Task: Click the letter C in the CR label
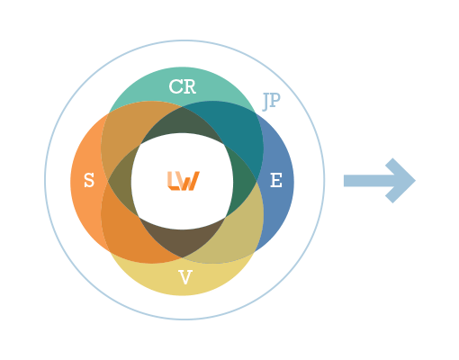click(x=175, y=86)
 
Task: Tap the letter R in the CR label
click(x=189, y=86)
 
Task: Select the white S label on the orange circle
click(x=89, y=180)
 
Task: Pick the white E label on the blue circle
click(x=276, y=180)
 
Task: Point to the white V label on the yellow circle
click(x=185, y=277)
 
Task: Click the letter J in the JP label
click(x=265, y=102)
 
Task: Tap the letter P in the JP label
click(x=275, y=100)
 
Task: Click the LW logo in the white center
click(x=184, y=181)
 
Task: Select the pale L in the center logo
click(x=173, y=181)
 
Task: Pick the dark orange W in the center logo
click(x=189, y=181)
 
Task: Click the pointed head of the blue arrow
click(x=400, y=181)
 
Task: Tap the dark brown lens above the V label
click(x=182, y=240)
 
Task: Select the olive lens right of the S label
click(x=121, y=182)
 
